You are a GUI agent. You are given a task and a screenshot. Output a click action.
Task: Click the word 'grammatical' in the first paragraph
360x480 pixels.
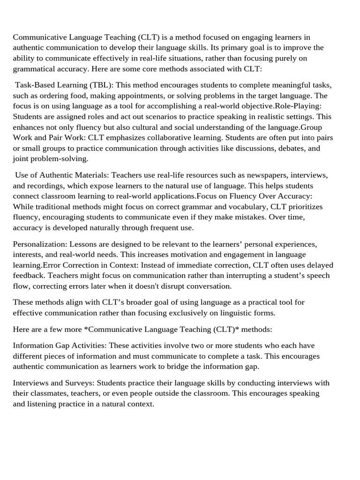(34, 69)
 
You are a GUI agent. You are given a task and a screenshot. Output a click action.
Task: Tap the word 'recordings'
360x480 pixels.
(48, 186)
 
